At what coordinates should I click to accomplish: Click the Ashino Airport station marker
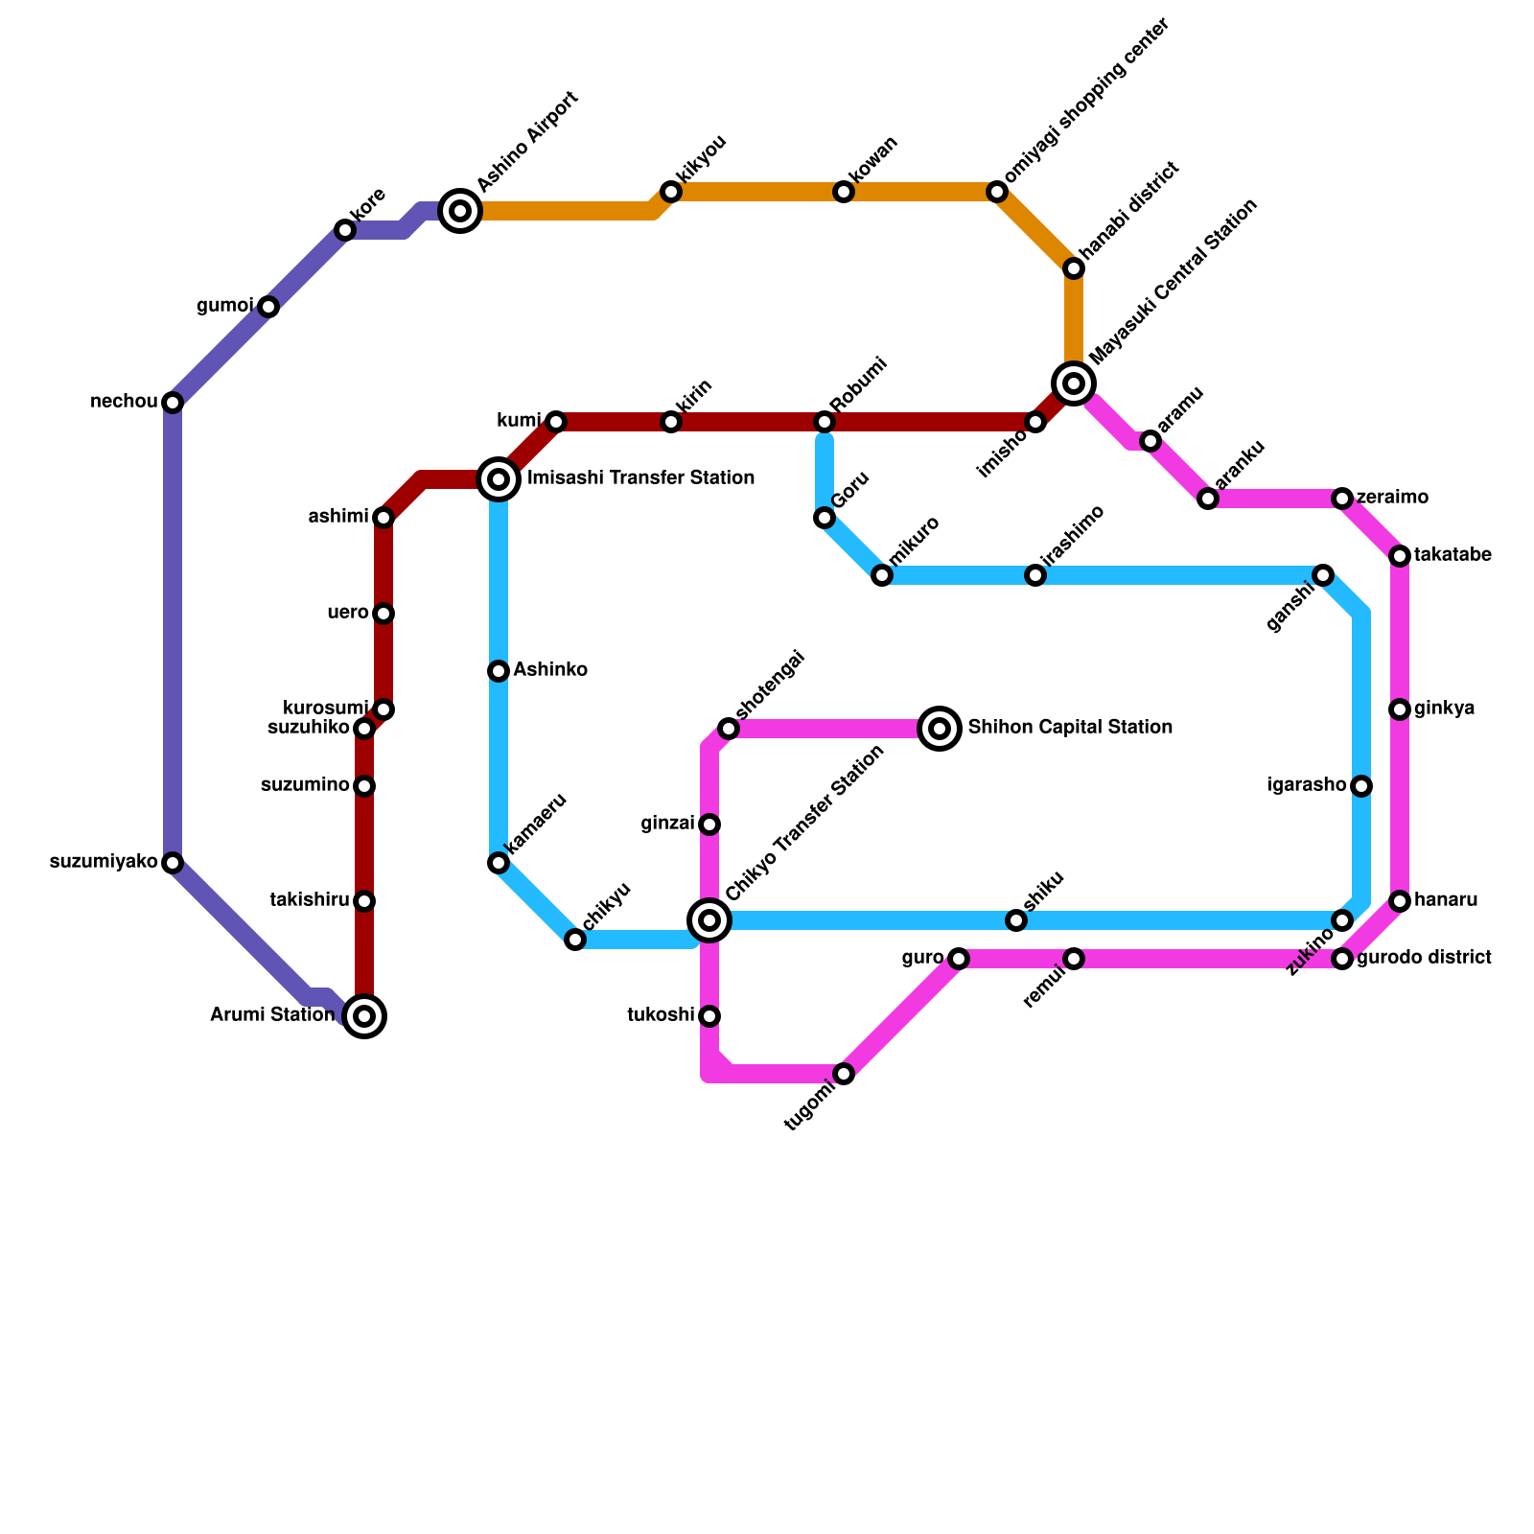pyautogui.click(x=460, y=211)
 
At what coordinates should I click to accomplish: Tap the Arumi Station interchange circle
pyautogui.click(x=364, y=1016)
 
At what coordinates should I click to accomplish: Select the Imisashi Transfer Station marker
pyautogui.click(x=499, y=478)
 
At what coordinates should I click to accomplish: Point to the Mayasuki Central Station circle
pyautogui.click(x=1074, y=383)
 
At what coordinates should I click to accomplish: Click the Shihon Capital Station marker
pyautogui.click(x=940, y=729)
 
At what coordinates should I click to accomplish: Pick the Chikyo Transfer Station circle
pyautogui.click(x=709, y=920)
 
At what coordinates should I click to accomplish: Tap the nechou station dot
pyautogui.click(x=173, y=403)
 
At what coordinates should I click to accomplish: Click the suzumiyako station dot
pyautogui.click(x=173, y=863)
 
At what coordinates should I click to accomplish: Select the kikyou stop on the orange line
pyautogui.click(x=671, y=192)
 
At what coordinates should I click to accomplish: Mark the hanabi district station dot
pyautogui.click(x=1074, y=268)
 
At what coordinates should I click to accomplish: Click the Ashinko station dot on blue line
pyautogui.click(x=499, y=671)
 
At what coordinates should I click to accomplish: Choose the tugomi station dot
pyautogui.click(x=844, y=1074)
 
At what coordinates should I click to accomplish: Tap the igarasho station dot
pyautogui.click(x=1361, y=786)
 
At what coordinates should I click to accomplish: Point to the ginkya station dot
pyautogui.click(x=1400, y=709)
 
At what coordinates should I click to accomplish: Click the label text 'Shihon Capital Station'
pyautogui.click(x=1070, y=728)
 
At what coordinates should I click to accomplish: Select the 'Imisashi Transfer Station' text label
pyautogui.click(x=640, y=478)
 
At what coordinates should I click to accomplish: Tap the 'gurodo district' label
pyautogui.click(x=1424, y=958)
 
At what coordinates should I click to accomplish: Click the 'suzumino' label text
pyautogui.click(x=305, y=786)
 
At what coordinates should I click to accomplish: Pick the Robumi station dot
pyautogui.click(x=825, y=422)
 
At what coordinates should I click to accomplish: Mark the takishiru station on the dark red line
pyautogui.click(x=364, y=901)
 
